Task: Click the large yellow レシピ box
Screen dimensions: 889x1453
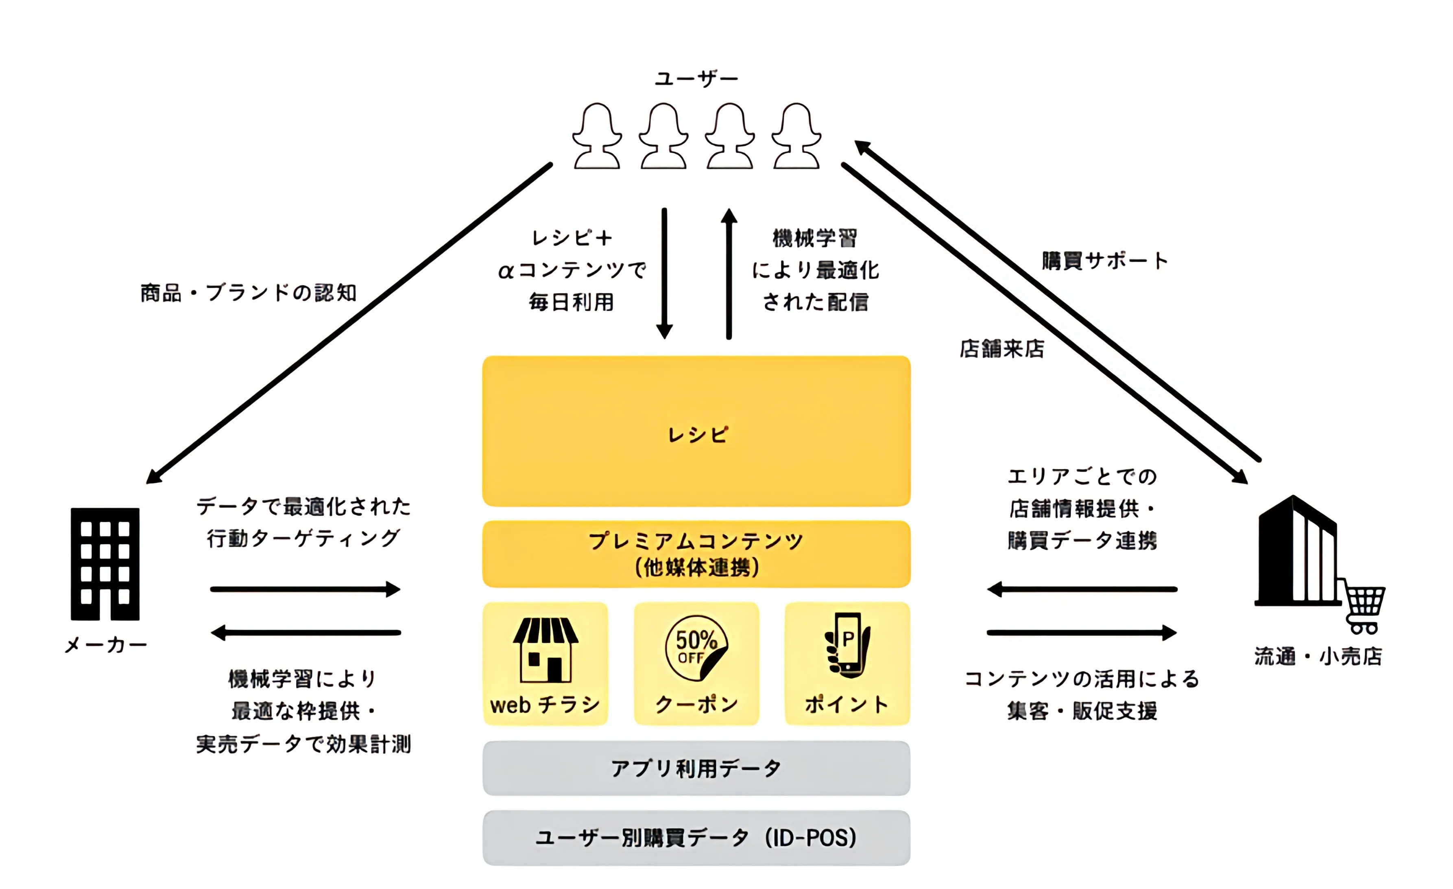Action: point(696,431)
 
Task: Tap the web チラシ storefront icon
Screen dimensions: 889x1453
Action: point(545,649)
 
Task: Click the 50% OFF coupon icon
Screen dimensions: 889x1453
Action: point(696,647)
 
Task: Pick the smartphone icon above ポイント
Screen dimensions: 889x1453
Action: point(847,645)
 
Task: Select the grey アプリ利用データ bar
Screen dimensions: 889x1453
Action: point(696,768)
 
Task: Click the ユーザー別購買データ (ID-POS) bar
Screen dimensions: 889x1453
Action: point(696,838)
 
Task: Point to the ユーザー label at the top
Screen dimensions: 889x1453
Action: point(696,79)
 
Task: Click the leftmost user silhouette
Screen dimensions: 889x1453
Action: point(597,136)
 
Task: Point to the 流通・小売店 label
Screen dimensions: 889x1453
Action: point(1318,656)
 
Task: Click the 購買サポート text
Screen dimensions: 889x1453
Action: point(1104,261)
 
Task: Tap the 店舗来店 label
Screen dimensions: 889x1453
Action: point(1002,348)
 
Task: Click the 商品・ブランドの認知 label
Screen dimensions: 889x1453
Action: point(248,293)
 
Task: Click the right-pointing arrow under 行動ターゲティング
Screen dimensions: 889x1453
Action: point(305,589)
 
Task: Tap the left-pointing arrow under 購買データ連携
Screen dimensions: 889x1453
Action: point(1082,589)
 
